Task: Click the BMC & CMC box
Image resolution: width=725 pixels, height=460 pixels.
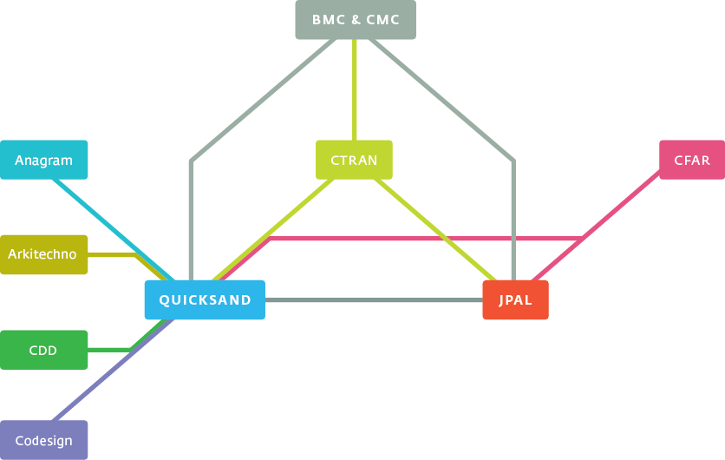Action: pos(356,19)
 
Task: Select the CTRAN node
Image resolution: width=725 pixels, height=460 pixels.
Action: pos(354,160)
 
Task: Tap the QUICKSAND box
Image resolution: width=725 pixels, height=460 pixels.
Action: pos(205,300)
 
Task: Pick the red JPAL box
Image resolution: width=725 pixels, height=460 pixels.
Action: pos(515,300)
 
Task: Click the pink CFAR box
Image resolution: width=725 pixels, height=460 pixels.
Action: pos(692,160)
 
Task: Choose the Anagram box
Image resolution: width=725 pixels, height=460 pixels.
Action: pos(44,160)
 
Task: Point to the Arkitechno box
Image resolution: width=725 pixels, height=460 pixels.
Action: pos(44,254)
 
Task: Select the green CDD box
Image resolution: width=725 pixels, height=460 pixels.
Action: pos(44,350)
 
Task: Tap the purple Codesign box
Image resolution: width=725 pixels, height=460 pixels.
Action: pos(44,440)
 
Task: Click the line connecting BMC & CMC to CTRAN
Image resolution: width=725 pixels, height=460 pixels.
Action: pos(354,89)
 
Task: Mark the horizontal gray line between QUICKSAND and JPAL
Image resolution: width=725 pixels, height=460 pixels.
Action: pos(374,300)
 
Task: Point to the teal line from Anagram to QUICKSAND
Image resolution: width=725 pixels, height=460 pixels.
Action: pos(114,230)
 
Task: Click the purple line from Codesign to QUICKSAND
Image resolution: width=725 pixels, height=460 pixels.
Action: pos(114,371)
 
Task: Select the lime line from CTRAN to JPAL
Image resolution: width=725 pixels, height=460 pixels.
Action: pos(435,230)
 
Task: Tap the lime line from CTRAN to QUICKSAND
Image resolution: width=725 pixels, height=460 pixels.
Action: pos(273,230)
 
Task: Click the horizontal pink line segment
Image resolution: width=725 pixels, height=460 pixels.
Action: pos(426,239)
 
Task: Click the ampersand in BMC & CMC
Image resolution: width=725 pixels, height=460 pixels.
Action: pos(356,20)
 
